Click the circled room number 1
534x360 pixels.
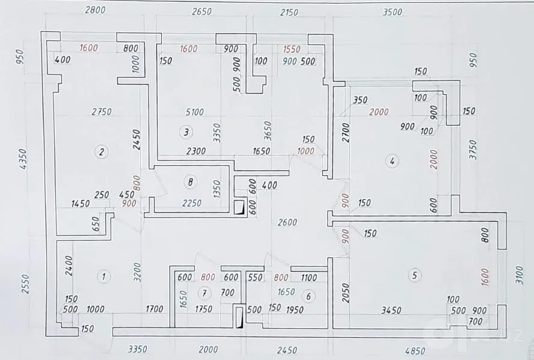tap(104, 276)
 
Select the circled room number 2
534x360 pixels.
tap(101, 152)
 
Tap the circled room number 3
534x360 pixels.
tap(186, 132)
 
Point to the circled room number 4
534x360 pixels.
tap(392, 161)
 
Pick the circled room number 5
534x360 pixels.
tap(414, 275)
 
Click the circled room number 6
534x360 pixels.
tap(308, 296)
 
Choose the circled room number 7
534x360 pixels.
tap(204, 293)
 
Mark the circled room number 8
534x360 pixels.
tap(190, 182)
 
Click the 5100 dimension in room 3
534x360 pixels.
tap(194, 112)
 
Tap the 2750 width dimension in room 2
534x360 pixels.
tap(102, 111)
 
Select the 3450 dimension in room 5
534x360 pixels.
tap(391, 310)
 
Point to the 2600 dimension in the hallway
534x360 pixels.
tap(287, 222)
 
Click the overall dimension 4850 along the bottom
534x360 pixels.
tap(415, 350)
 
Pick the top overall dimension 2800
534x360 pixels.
tap(95, 10)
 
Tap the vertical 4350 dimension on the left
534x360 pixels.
tap(23, 159)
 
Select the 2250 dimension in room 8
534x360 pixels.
tap(192, 203)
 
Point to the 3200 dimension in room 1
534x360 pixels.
tap(137, 272)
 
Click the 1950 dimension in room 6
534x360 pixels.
tap(295, 310)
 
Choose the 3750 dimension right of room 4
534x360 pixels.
tap(473, 150)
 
